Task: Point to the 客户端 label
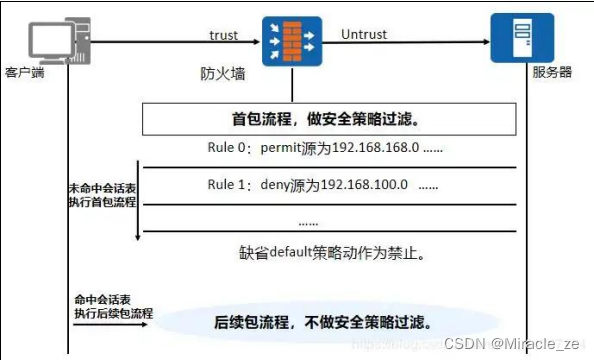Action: click(x=25, y=73)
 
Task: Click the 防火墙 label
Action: click(x=219, y=75)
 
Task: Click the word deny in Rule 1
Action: click(x=275, y=185)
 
